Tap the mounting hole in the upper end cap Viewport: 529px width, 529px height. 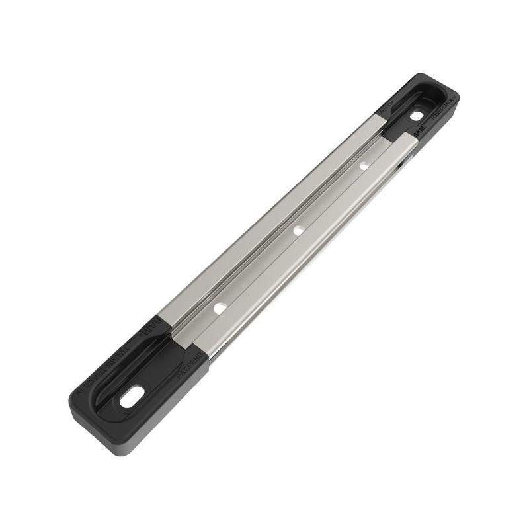click(416, 116)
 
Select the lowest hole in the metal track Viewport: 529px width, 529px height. click(219, 308)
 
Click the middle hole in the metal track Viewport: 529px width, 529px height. click(298, 230)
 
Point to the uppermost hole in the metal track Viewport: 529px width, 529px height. click(364, 165)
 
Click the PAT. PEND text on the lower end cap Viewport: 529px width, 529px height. click(191, 364)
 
